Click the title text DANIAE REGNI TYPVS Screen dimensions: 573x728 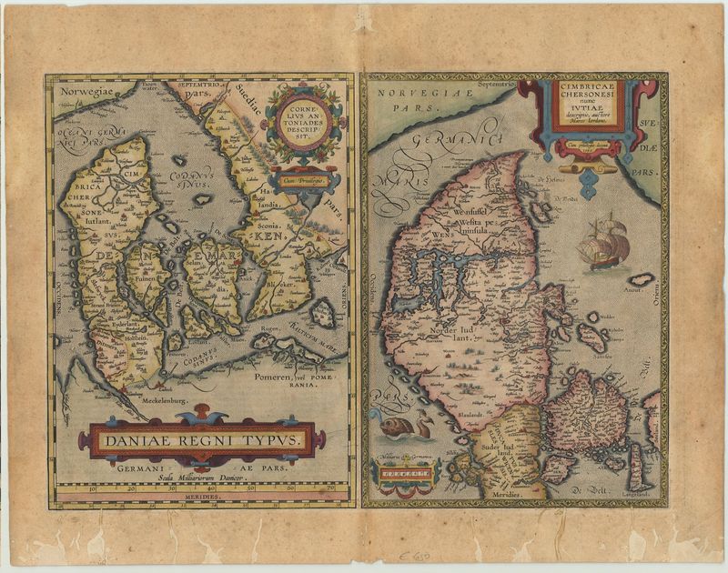click(x=196, y=440)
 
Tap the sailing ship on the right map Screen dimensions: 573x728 click(x=602, y=241)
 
